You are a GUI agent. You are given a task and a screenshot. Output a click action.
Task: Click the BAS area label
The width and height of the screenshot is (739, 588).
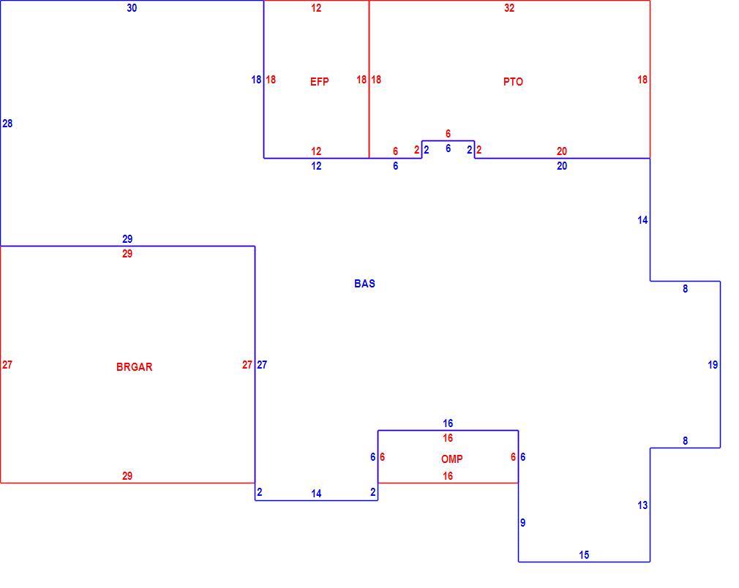pos(364,284)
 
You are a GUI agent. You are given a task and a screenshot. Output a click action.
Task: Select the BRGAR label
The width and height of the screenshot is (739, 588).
pos(135,367)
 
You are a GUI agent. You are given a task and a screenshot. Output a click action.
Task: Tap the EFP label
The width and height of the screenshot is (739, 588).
pos(319,82)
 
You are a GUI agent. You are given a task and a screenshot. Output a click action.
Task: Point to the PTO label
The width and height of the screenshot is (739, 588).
pos(513,82)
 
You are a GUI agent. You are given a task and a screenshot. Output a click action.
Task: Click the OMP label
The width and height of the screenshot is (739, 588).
pos(451,459)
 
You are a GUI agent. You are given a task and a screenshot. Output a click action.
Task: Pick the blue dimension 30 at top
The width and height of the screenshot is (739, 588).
pos(132,8)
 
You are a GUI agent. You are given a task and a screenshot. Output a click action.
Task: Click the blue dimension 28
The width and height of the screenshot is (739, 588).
pos(7,124)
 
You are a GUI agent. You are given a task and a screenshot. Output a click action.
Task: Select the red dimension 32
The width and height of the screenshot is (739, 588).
pos(509,8)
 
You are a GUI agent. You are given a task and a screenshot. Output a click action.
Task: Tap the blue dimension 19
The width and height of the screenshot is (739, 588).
pos(713,365)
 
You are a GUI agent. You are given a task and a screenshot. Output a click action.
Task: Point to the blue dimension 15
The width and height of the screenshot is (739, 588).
pos(584,555)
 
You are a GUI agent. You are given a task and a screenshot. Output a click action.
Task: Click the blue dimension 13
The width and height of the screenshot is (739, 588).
pos(642,505)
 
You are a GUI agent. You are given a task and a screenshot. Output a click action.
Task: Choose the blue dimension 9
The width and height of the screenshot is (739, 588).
pos(522,522)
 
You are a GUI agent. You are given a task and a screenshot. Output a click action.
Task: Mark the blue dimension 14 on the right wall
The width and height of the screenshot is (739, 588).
pos(642,220)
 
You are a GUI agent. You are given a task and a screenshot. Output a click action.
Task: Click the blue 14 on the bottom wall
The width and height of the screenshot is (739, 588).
pos(316,494)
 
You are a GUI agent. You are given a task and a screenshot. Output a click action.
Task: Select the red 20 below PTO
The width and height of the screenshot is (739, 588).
pos(562,151)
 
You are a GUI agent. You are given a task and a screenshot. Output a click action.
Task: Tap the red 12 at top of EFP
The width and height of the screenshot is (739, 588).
pos(316,8)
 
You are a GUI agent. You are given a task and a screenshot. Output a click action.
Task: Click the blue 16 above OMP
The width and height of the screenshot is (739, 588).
pos(448,423)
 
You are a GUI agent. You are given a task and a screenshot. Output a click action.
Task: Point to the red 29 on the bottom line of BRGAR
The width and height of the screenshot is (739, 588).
pos(127,476)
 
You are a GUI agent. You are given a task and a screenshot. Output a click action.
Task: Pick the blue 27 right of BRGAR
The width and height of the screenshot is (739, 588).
pos(262,365)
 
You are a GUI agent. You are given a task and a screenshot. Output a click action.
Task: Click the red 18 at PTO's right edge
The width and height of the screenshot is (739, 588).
pos(642,80)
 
